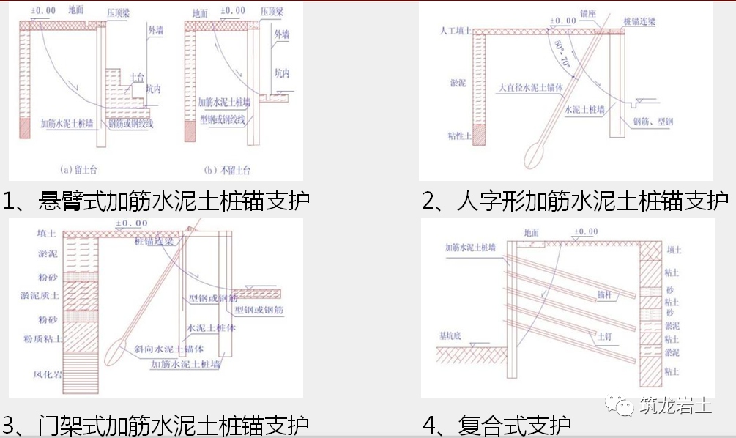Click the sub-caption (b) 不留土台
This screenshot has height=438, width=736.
227,170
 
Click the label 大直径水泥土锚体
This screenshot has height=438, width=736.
530,87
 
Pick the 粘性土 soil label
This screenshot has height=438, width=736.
458,136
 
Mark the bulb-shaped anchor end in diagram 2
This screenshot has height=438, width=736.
536,156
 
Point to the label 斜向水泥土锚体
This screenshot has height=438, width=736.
168,348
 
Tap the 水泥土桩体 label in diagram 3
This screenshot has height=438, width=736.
212,328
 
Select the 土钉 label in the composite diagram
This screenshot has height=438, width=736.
606,335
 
